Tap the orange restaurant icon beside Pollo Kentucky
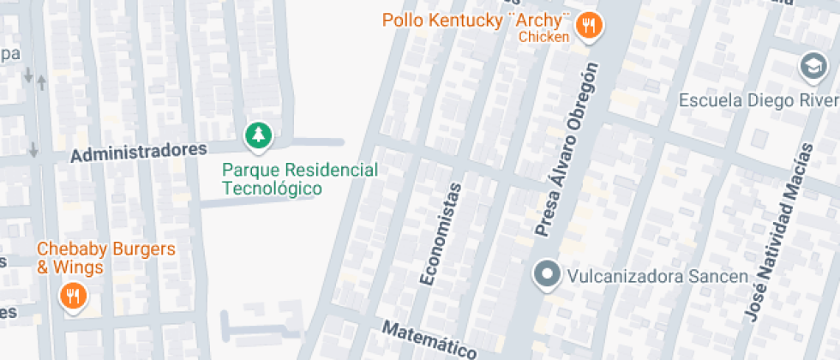pyautogui.click(x=587, y=26)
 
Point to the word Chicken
pyautogui.click(x=543, y=37)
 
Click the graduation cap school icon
pyautogui.click(x=811, y=65)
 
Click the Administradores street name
pyautogui.click(x=139, y=153)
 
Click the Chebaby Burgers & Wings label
pyautogui.click(x=105, y=258)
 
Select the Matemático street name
pyautogui.click(x=429, y=340)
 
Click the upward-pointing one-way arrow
pyautogui.click(x=42, y=81)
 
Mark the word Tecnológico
pyautogui.click(x=272, y=189)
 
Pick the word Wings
pyautogui.click(x=81, y=267)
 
